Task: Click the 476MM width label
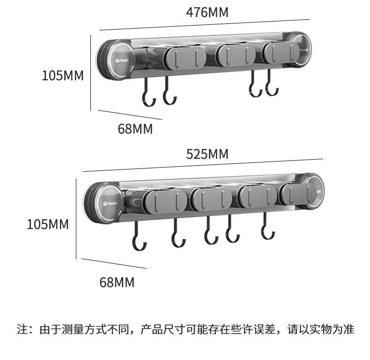[x=207, y=12]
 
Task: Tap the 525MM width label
[x=207, y=154]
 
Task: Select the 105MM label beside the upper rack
[x=63, y=75]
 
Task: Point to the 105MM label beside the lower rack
[x=48, y=224]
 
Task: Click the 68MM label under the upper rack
[x=135, y=129]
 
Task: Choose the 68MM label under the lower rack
[x=117, y=282]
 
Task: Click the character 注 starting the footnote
[x=22, y=329]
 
